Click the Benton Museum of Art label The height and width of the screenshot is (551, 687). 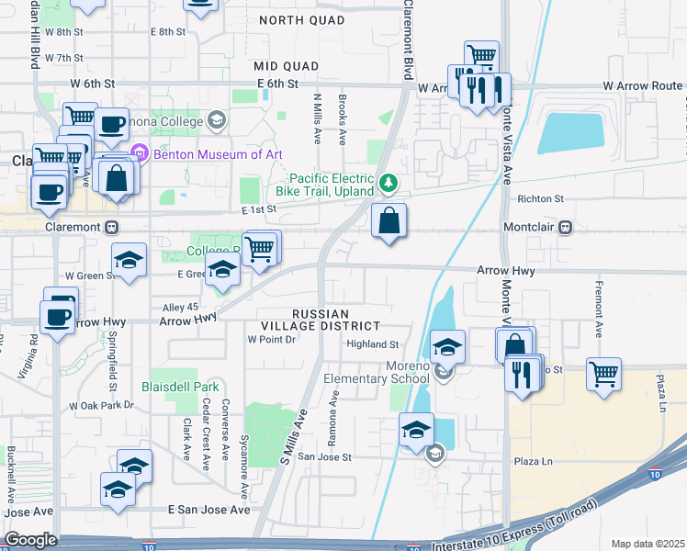(x=217, y=153)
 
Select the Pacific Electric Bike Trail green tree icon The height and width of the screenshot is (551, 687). (x=389, y=184)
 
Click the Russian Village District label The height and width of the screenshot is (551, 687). (x=337, y=319)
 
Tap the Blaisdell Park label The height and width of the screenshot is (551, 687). (x=180, y=387)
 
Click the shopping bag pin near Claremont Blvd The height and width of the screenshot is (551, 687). (x=389, y=221)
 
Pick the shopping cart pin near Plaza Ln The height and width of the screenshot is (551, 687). (x=604, y=374)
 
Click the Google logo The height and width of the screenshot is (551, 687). (x=30, y=540)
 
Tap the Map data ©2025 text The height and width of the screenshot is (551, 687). (x=648, y=544)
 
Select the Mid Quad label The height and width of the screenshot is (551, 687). (x=287, y=66)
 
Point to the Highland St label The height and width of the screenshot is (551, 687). (x=372, y=344)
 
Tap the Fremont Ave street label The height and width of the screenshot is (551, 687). (x=598, y=308)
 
